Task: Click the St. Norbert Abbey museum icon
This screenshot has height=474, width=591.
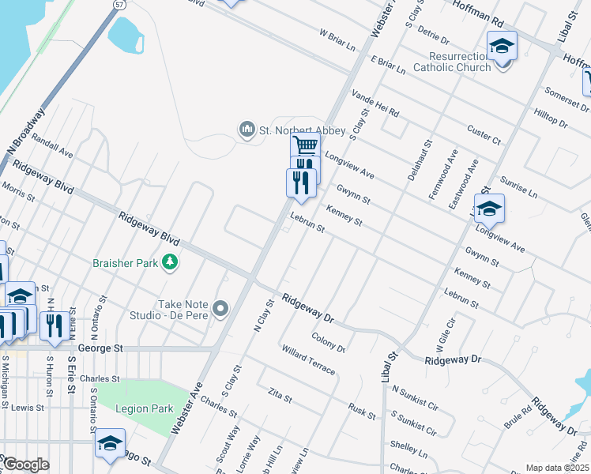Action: tap(247, 129)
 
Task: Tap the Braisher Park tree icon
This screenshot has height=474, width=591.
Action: tap(168, 261)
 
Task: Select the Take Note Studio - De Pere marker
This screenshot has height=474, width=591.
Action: tap(220, 308)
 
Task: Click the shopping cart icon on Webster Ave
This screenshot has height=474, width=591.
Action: tap(305, 146)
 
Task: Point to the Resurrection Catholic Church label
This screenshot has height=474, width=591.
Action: tap(460, 62)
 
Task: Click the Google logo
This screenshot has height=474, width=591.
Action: tap(26, 465)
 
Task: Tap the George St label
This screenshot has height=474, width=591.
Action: tap(103, 348)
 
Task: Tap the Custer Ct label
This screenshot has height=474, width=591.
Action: tap(484, 134)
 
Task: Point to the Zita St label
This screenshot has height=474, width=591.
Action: tap(280, 394)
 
